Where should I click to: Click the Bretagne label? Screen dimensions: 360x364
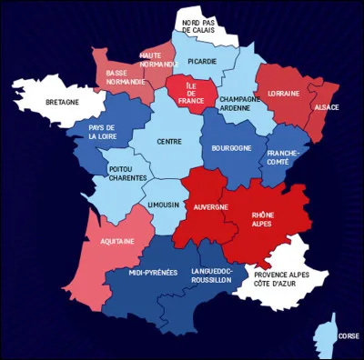(x=63, y=102)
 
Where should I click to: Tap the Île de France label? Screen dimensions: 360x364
(x=190, y=93)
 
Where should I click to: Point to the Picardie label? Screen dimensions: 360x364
(x=202, y=62)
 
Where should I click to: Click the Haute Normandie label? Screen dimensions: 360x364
(x=157, y=60)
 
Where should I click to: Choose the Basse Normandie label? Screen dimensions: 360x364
(x=125, y=76)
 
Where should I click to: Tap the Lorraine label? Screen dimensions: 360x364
(x=284, y=94)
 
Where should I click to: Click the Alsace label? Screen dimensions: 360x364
(x=326, y=107)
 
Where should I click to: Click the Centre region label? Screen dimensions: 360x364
(x=169, y=141)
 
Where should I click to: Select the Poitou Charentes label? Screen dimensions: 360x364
(x=127, y=174)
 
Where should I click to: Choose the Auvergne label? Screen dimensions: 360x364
(x=211, y=208)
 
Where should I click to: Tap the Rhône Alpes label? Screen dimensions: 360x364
(x=263, y=219)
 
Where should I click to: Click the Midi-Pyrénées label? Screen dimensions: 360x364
(x=153, y=272)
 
